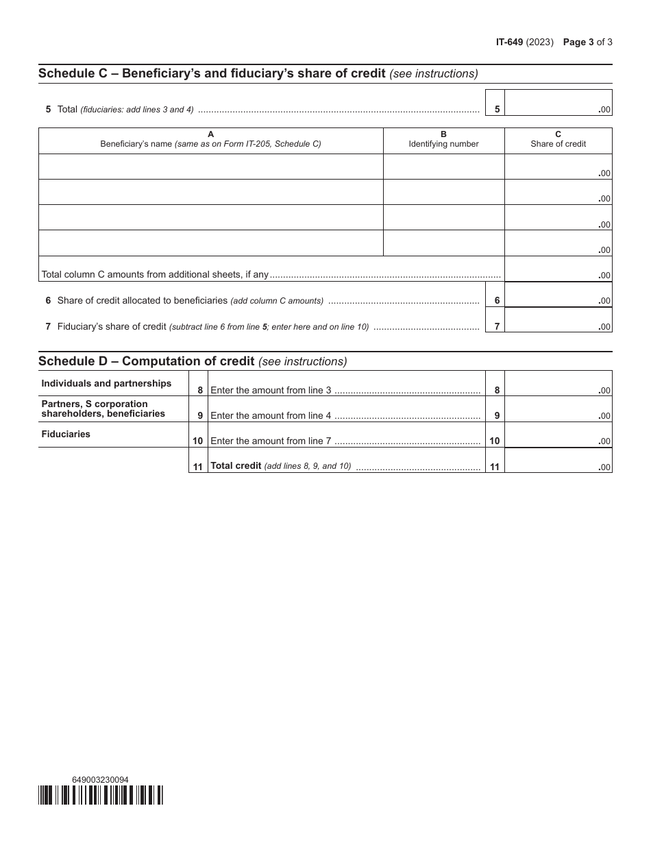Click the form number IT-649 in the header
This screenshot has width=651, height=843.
point(509,42)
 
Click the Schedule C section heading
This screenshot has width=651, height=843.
point(212,73)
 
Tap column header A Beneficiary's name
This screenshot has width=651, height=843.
point(210,140)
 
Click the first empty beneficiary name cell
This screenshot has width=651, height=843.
point(210,167)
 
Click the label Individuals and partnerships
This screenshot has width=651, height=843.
point(106,383)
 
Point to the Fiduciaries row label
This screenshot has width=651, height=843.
point(66,434)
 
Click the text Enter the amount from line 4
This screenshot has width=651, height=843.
point(271,415)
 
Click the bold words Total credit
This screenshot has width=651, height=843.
point(236,466)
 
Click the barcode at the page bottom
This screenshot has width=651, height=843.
point(101,794)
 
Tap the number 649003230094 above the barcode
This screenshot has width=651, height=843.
point(100,779)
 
